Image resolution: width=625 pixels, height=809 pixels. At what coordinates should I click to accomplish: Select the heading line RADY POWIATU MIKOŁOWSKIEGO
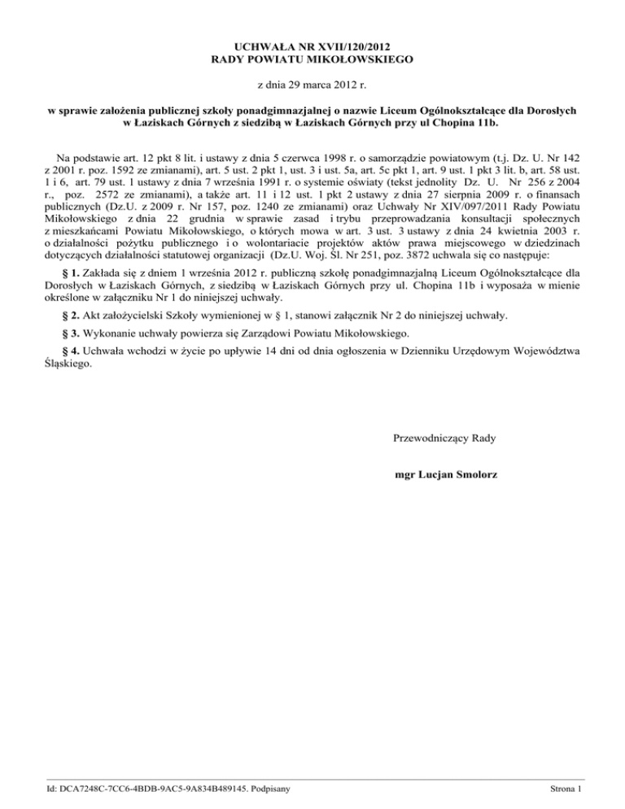tap(312, 59)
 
